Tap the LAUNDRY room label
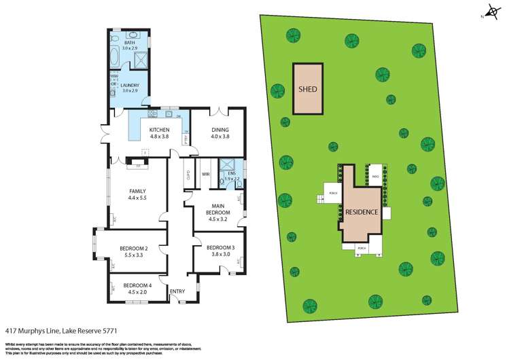pos(130,86)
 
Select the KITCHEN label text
pos(159,130)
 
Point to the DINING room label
pos(215,130)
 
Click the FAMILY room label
pos(138,192)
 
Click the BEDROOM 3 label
pos(220,247)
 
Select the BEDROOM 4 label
pos(137,285)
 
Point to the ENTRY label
pos(177,291)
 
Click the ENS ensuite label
pos(231,174)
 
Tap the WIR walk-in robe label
pos(205,175)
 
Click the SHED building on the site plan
pos(309,88)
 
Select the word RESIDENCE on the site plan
pos(362,212)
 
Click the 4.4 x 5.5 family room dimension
pos(138,198)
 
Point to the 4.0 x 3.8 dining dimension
pos(215,136)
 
